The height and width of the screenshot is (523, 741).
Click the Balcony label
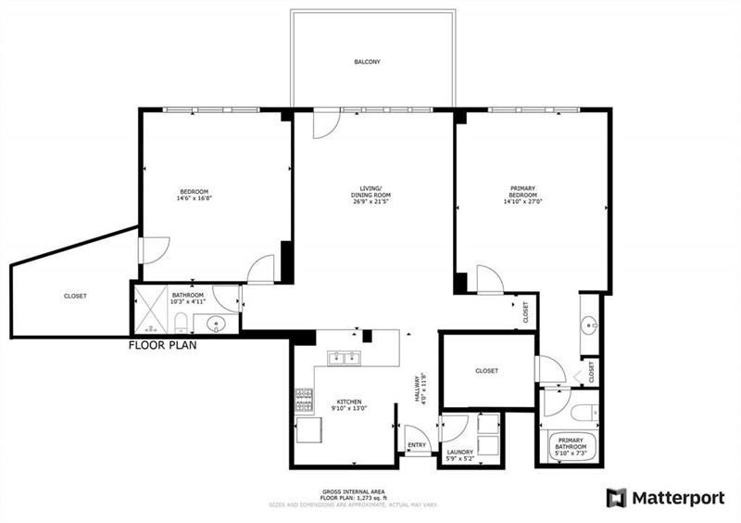(367, 62)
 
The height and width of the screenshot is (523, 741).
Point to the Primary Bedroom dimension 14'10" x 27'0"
(523, 198)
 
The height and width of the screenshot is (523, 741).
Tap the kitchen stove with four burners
(304, 399)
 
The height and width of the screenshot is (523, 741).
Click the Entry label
(416, 446)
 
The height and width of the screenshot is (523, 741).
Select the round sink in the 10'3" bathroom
(215, 324)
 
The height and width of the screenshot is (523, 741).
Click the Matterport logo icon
(616, 498)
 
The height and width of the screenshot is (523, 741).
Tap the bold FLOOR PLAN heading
(162, 345)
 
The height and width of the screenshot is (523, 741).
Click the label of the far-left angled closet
(76, 296)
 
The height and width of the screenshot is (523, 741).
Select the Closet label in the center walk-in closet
(486, 370)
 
